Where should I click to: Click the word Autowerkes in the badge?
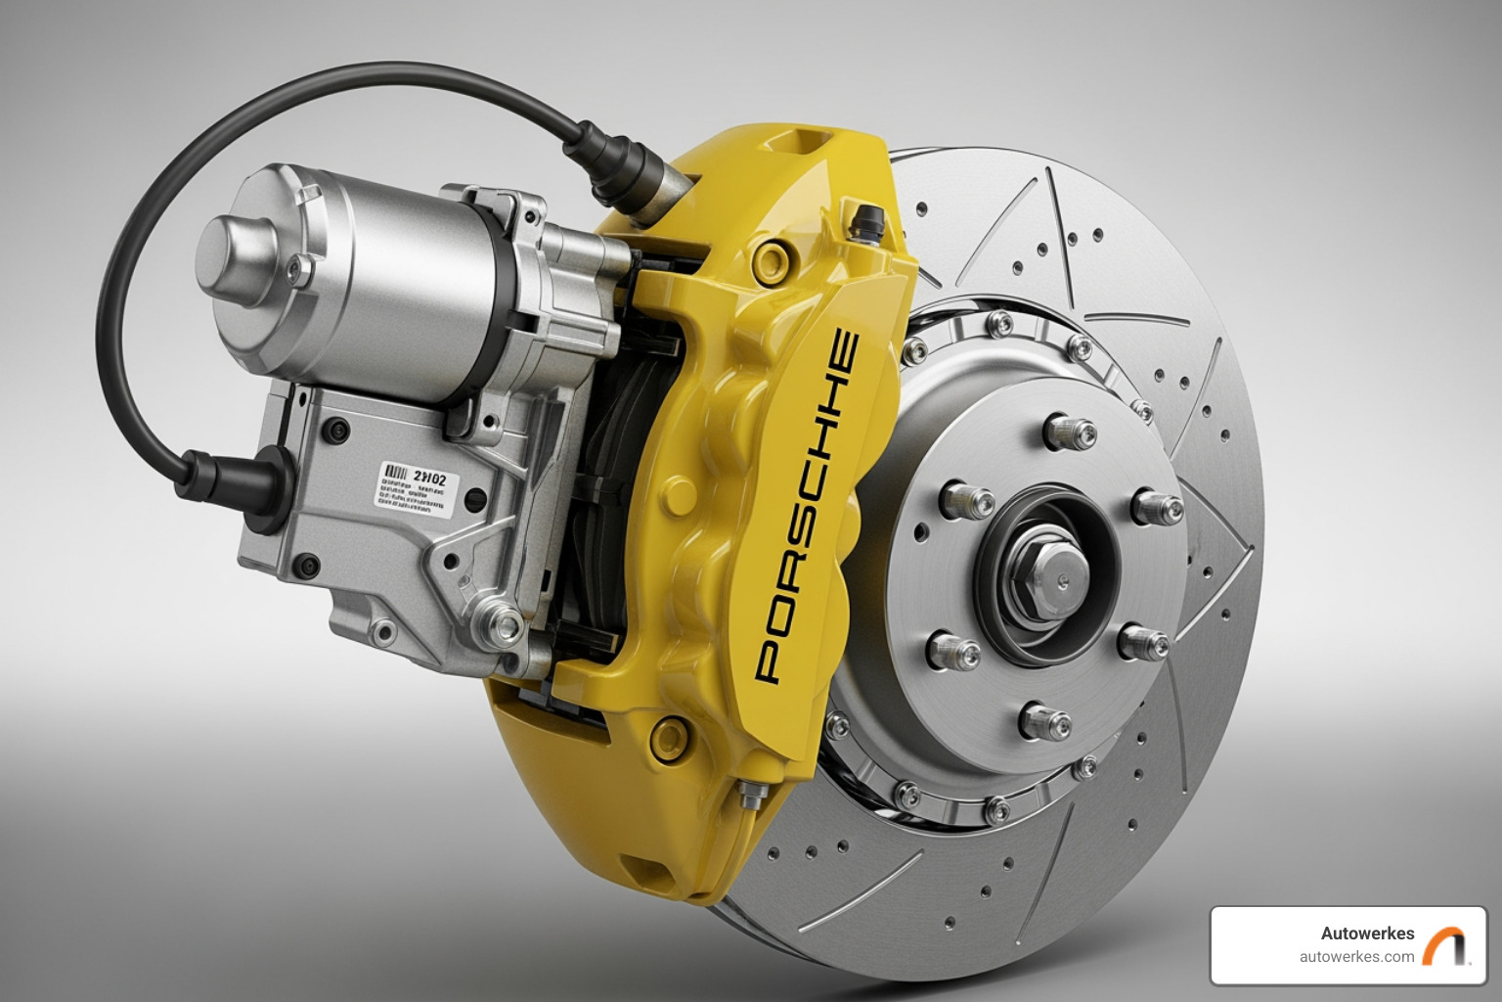click(x=1367, y=934)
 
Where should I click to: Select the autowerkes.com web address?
click(x=1356, y=957)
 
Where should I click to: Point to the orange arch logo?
click(x=1446, y=946)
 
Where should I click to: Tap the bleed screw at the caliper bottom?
click(x=751, y=795)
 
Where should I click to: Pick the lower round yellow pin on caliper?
click(x=671, y=735)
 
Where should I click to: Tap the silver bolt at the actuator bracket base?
click(x=504, y=620)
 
